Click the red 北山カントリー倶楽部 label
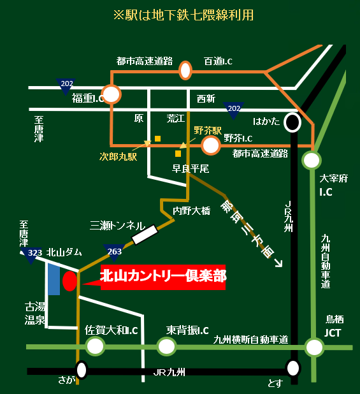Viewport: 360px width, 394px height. click(x=163, y=277)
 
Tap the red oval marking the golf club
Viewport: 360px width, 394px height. click(x=70, y=281)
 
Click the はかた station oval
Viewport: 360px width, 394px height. click(x=292, y=122)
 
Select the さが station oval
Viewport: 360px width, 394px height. click(x=82, y=369)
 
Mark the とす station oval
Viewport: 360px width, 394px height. click(x=293, y=368)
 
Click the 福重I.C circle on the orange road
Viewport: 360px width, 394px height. click(x=112, y=95)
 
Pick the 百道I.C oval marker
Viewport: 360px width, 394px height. click(x=185, y=70)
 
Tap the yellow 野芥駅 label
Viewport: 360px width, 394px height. click(x=207, y=130)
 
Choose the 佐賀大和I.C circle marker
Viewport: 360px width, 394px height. click(x=96, y=346)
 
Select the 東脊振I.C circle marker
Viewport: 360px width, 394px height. click(x=167, y=346)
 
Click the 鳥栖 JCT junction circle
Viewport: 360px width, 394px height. click(x=313, y=347)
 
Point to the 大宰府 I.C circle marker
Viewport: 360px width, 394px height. click(x=312, y=159)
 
